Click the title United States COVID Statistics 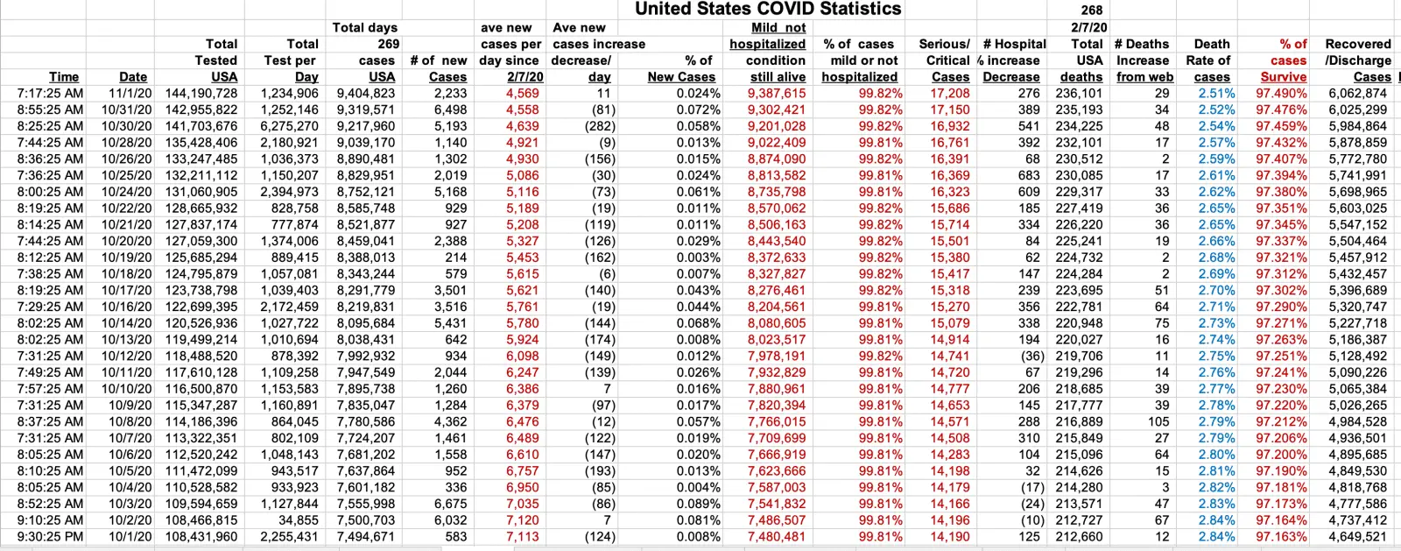[768, 9]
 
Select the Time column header [64, 77]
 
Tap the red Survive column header [1284, 77]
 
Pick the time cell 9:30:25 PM [50, 537]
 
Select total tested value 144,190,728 [201, 93]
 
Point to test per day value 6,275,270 [290, 126]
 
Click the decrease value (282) [596, 126]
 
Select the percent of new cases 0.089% [698, 504]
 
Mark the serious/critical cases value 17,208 [949, 93]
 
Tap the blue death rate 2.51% [1216, 93]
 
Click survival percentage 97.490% [1281, 93]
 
